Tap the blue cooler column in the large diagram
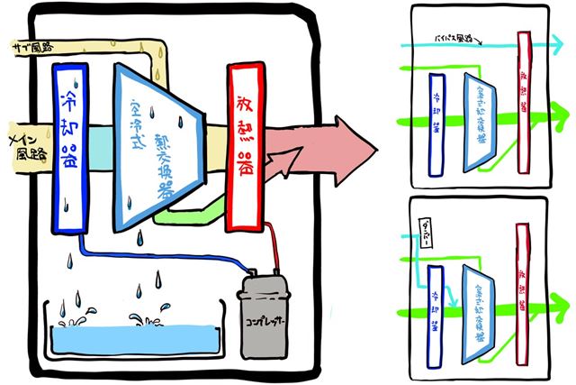click(69, 144)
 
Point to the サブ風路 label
click(27, 46)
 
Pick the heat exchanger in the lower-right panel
click(478, 307)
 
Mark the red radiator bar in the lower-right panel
click(521, 284)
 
